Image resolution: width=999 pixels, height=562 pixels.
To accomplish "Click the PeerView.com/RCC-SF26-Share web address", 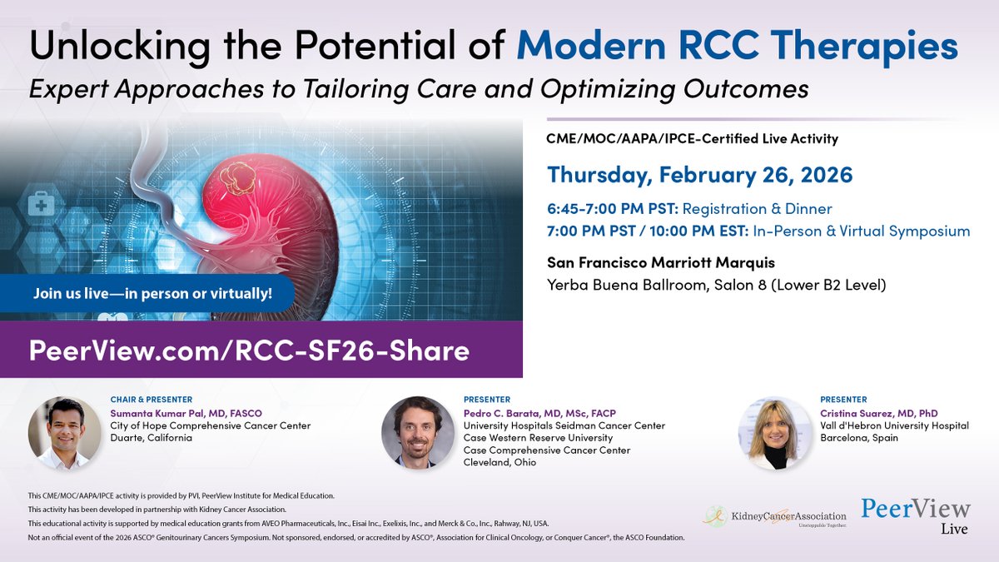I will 249,351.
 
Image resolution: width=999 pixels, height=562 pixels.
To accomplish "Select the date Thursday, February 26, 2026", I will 699,175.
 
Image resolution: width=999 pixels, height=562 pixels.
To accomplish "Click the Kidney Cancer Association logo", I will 773,517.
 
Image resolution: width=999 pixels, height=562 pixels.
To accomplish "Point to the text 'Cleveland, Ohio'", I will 500,463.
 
